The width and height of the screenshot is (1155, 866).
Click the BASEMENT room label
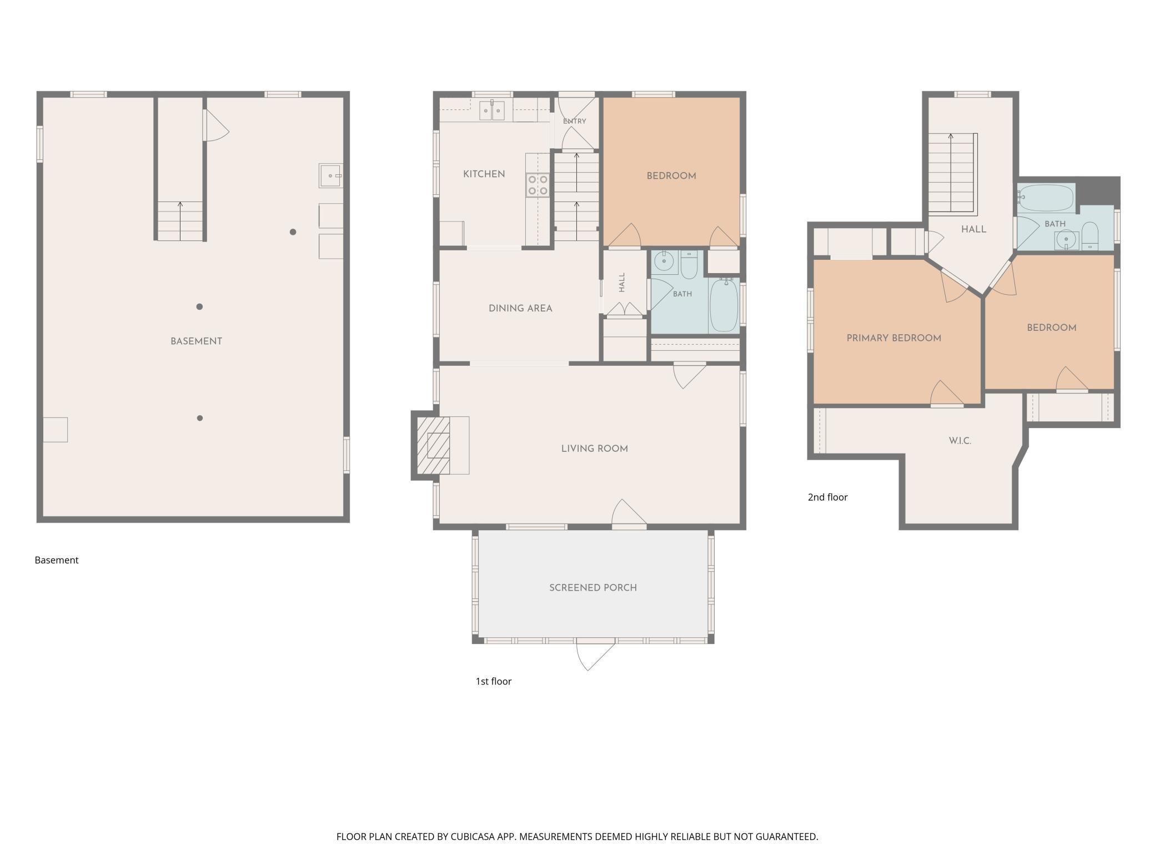tap(196, 341)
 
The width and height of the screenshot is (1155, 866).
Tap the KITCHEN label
tap(484, 174)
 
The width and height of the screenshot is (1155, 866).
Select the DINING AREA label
tap(520, 309)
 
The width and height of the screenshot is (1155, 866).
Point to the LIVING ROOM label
tap(594, 449)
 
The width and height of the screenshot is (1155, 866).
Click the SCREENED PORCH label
tap(593, 587)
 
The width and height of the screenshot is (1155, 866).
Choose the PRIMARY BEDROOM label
tap(893, 338)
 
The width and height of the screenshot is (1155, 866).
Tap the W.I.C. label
tap(960, 441)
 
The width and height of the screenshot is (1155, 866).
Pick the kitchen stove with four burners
tap(538, 185)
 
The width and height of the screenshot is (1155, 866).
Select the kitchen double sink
tap(492, 110)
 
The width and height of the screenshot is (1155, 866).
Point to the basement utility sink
tap(330, 175)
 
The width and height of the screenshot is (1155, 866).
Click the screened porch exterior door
tap(596, 655)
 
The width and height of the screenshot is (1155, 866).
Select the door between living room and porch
tap(629, 513)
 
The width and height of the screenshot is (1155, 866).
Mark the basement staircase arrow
tap(180, 221)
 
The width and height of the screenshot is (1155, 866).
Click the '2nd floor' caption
tap(827, 497)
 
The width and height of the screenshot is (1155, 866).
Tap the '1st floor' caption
tap(493, 681)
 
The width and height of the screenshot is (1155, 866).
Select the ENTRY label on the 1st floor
tap(574, 121)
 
